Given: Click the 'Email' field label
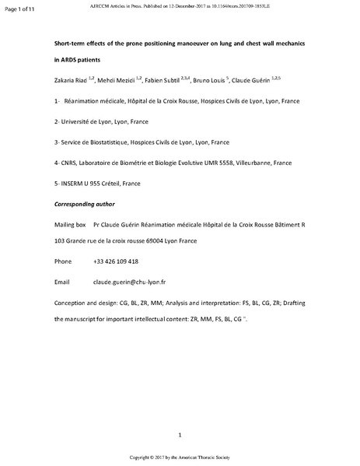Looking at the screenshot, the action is click(x=62, y=281).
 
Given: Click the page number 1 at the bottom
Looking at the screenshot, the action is click(x=180, y=433).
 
